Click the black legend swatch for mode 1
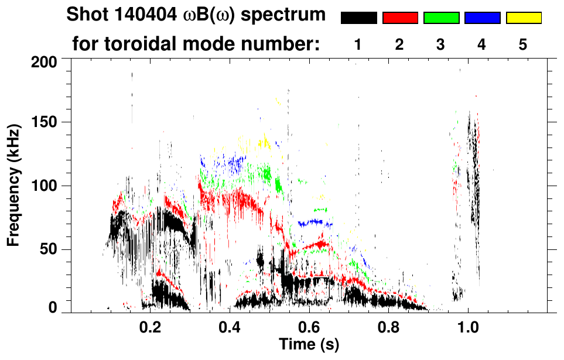[359, 18]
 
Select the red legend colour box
[400, 18]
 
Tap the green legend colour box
[441, 18]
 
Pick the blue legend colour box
[482, 18]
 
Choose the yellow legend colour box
[524, 18]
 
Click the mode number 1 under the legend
[358, 44]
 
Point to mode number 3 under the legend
[440, 44]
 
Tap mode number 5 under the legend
[523, 44]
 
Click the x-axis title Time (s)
[309, 345]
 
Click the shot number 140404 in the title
[134, 15]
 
